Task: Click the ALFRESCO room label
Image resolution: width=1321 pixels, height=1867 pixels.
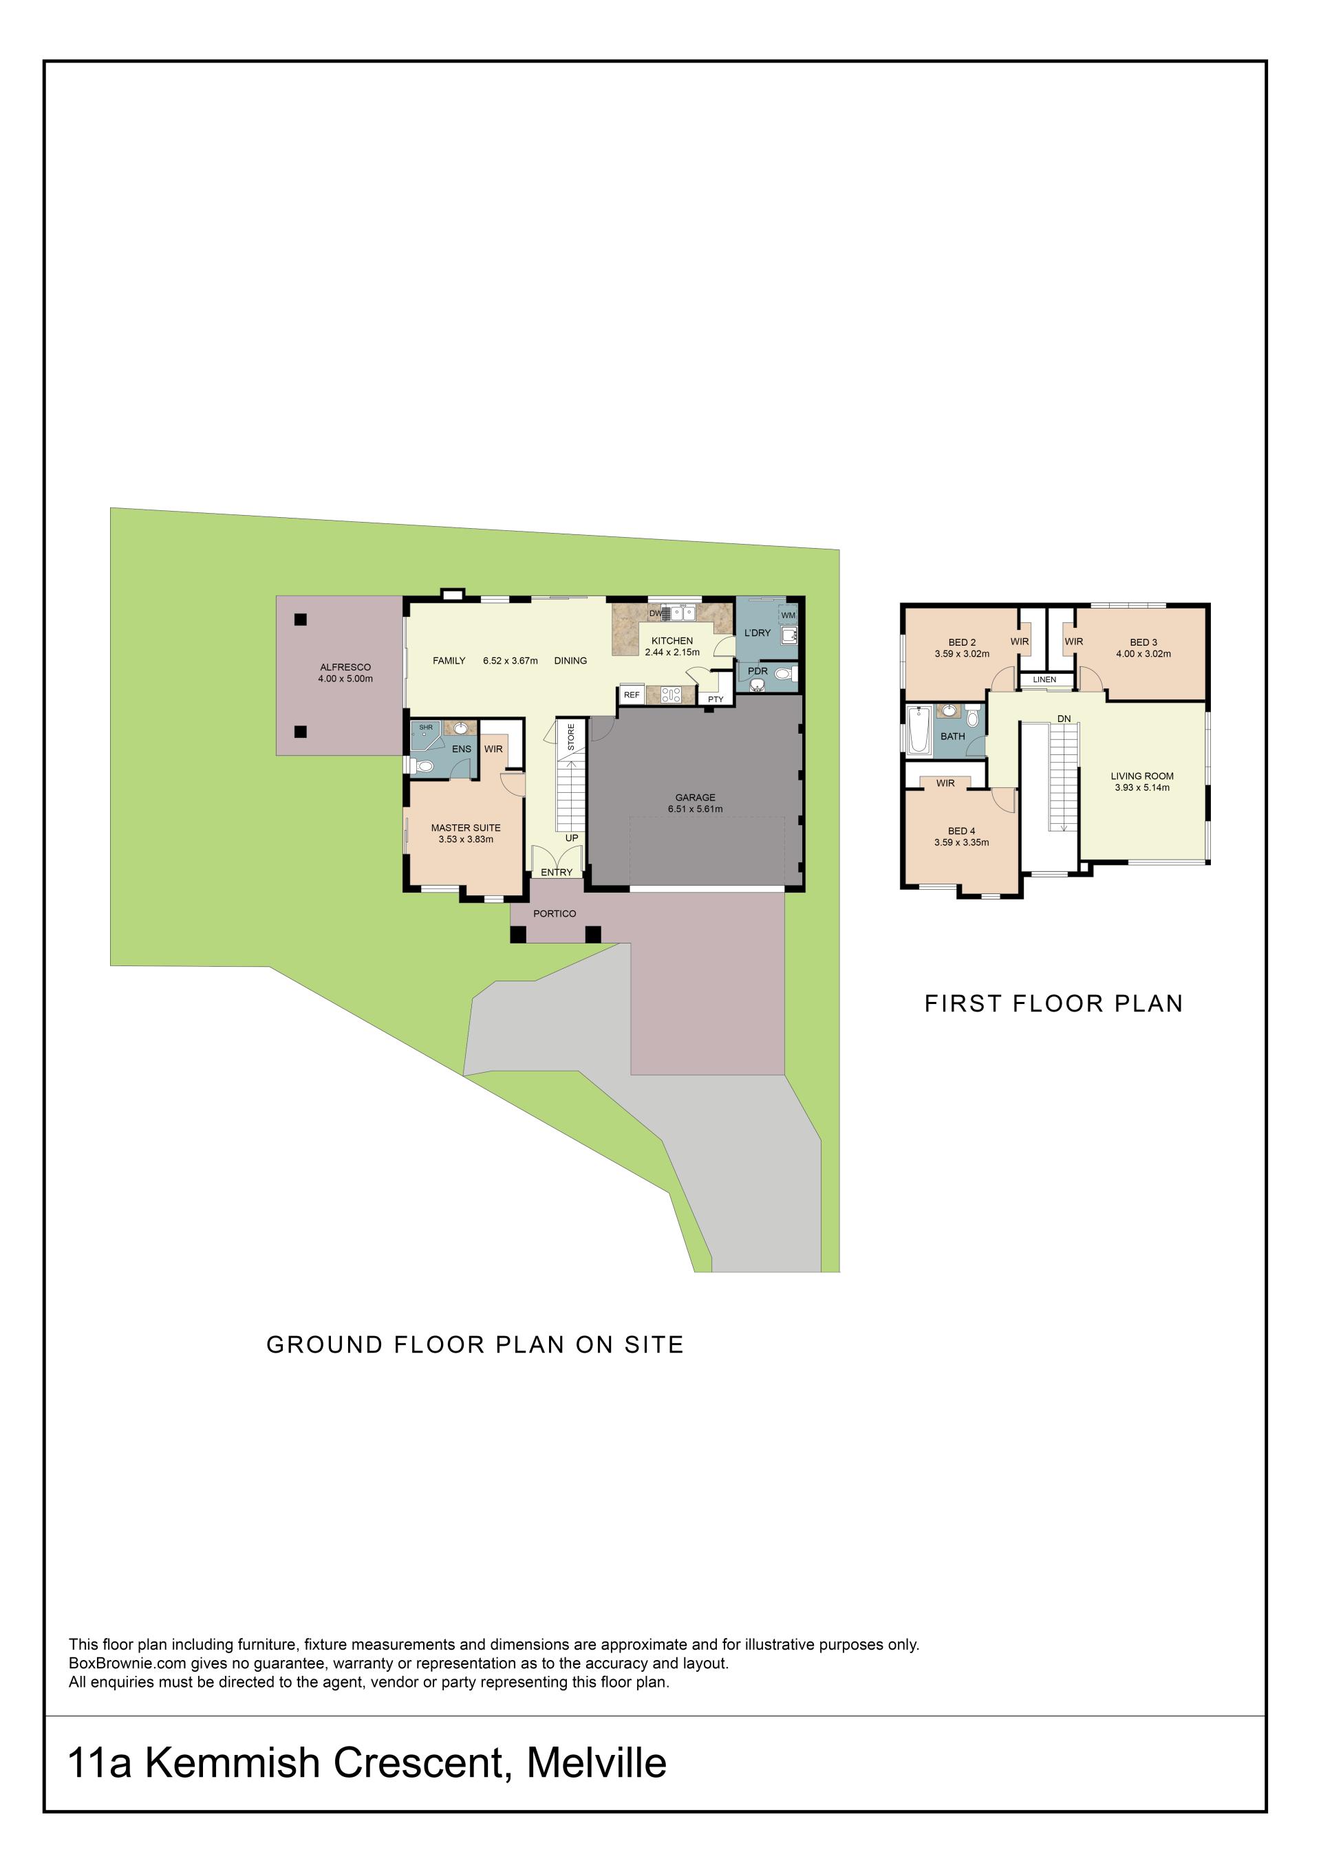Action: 345,667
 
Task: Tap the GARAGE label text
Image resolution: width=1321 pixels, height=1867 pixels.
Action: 695,798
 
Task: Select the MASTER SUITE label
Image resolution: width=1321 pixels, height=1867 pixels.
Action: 465,828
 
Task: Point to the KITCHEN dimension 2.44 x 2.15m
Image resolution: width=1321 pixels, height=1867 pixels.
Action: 672,652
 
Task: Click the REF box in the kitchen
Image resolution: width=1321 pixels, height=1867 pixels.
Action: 632,695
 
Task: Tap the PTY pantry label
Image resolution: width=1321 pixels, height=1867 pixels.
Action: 716,699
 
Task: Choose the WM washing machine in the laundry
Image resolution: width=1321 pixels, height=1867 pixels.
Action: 787,615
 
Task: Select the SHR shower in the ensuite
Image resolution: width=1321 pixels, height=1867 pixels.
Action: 427,735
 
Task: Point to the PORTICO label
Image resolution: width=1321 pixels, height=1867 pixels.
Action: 555,914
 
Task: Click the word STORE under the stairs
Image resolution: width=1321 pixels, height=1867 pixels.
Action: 571,736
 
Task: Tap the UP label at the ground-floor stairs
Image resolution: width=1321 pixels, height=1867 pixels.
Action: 572,838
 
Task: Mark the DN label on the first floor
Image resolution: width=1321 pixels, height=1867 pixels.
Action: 1064,719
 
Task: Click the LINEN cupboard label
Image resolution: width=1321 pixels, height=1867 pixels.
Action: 1044,680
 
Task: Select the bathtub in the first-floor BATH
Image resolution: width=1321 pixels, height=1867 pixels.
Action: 919,729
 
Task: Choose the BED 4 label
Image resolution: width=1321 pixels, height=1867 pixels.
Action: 961,831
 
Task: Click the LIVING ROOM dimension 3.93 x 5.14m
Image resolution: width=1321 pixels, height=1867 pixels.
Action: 1142,787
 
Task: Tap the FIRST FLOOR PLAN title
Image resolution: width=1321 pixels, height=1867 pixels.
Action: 1053,1004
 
